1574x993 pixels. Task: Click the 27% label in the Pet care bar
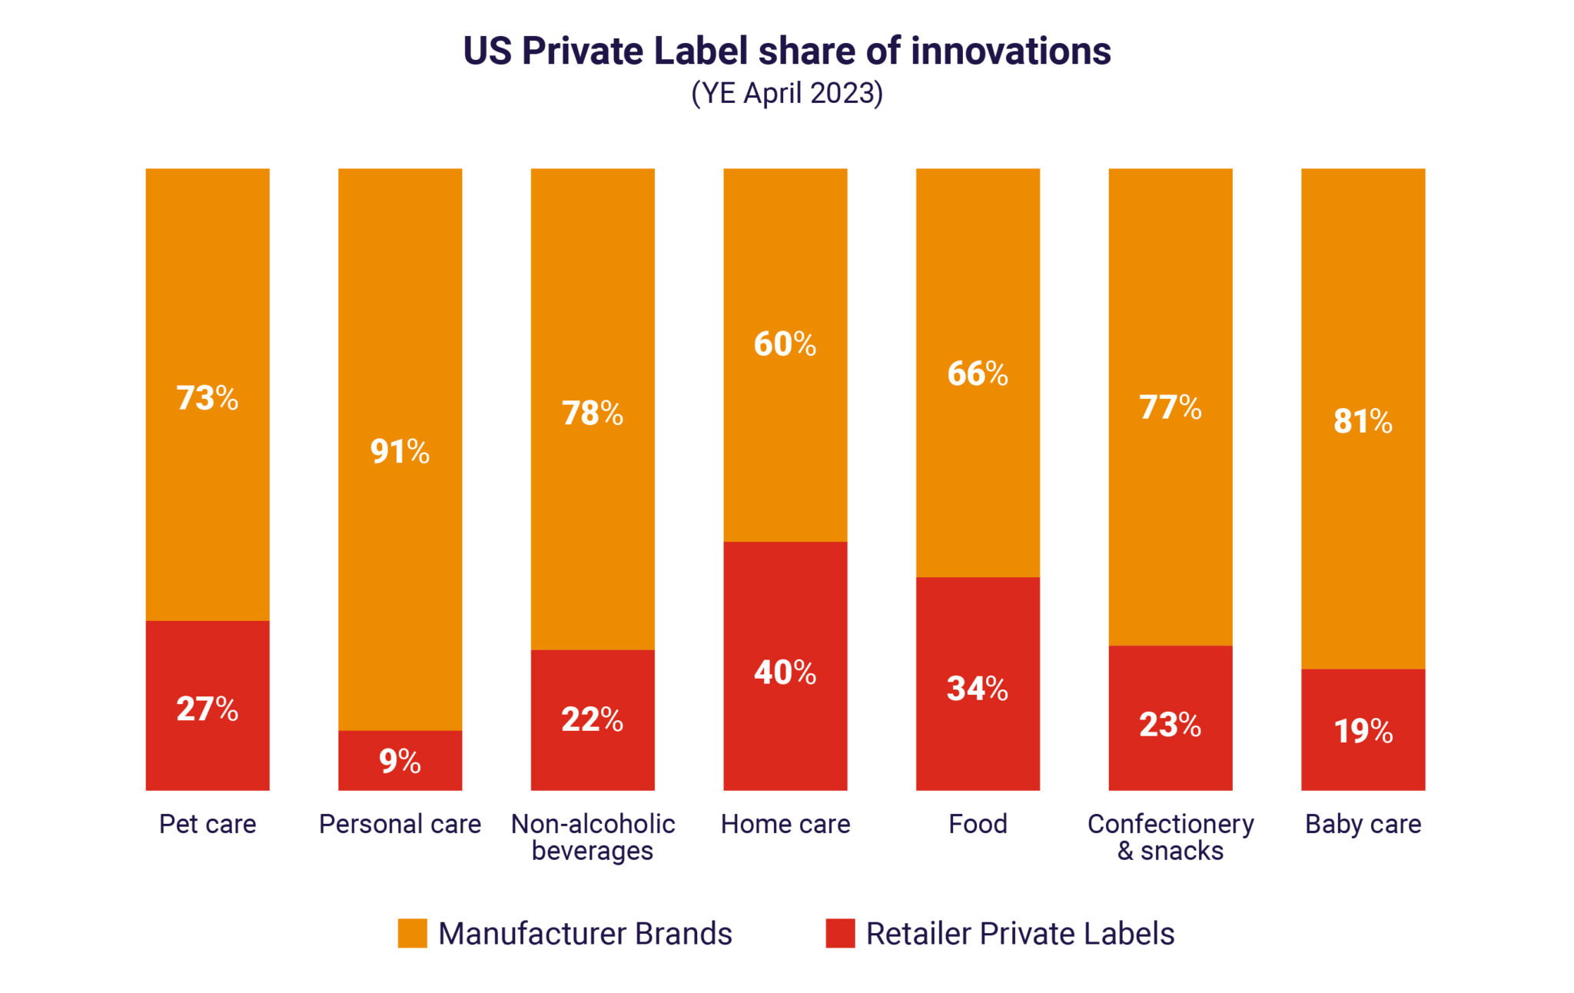click(x=207, y=708)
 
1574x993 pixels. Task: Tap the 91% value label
click(x=400, y=450)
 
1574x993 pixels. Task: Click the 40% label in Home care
click(x=785, y=672)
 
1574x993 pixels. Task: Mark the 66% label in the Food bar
click(x=978, y=374)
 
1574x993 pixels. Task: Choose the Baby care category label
click(x=1363, y=824)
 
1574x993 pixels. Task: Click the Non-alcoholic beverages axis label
click(x=593, y=837)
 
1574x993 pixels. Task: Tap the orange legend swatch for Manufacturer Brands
click(x=412, y=933)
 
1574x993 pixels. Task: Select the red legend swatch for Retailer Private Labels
click(x=840, y=933)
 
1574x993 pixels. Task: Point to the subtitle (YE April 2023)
click(x=787, y=93)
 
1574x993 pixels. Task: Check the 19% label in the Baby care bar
click(x=1363, y=730)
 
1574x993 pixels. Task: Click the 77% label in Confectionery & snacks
click(x=1170, y=407)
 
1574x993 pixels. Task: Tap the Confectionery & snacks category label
click(x=1170, y=837)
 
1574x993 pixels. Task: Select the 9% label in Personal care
click(x=400, y=761)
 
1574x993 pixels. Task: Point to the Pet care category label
click(x=207, y=824)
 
